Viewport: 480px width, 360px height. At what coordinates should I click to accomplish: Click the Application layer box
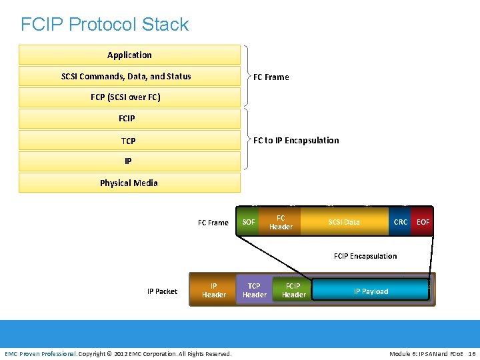(x=129, y=55)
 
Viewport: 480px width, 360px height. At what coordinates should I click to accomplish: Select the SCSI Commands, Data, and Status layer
(x=129, y=76)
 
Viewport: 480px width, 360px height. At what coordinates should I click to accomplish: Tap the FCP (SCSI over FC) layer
(x=129, y=97)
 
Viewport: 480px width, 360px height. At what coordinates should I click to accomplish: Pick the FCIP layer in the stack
(x=129, y=119)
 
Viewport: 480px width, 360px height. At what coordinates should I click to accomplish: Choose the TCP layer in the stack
(x=129, y=141)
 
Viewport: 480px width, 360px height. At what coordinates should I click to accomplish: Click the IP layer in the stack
(x=129, y=161)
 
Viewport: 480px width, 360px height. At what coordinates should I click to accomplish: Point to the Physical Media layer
(x=129, y=183)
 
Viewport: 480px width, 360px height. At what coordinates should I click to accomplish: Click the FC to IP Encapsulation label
(x=296, y=141)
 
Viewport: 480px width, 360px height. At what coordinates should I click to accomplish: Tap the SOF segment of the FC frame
(x=249, y=222)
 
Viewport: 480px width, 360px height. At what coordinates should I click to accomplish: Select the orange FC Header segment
(x=281, y=222)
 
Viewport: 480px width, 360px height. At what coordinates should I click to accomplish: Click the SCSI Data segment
(x=344, y=222)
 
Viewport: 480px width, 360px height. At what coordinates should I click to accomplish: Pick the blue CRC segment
(x=400, y=222)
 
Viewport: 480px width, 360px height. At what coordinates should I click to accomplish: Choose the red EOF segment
(x=423, y=222)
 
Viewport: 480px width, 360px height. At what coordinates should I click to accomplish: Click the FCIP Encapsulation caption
(x=365, y=256)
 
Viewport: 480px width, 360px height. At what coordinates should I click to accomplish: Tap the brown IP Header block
(x=213, y=290)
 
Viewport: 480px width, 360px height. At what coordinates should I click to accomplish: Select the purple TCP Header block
(x=254, y=290)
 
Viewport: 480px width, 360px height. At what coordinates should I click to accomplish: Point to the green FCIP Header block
(x=293, y=290)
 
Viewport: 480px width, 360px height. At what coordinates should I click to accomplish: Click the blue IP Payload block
(x=371, y=291)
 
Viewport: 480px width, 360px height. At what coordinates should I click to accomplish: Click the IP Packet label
(x=162, y=291)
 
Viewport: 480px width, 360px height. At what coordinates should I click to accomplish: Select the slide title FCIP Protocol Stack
(x=105, y=25)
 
